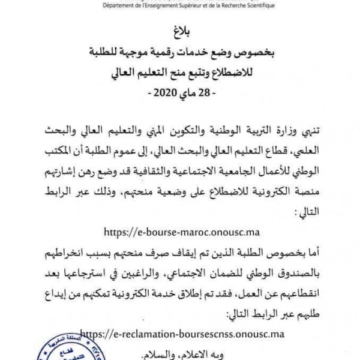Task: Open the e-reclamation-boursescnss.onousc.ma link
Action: (181, 332)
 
